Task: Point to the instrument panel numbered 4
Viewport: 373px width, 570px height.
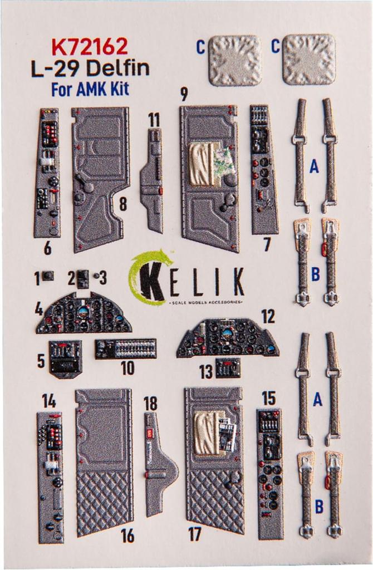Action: click(x=84, y=315)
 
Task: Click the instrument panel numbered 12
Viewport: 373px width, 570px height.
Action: click(x=228, y=338)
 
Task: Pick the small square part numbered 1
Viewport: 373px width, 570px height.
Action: click(x=48, y=276)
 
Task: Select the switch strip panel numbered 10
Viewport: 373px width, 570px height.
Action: click(x=125, y=348)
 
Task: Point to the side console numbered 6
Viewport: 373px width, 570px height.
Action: click(x=47, y=173)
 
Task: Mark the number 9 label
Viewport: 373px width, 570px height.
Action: click(x=184, y=95)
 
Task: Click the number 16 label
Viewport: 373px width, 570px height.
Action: click(x=127, y=535)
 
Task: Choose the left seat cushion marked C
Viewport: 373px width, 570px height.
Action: click(x=235, y=60)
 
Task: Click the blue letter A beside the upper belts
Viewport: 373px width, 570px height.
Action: click(x=315, y=166)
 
